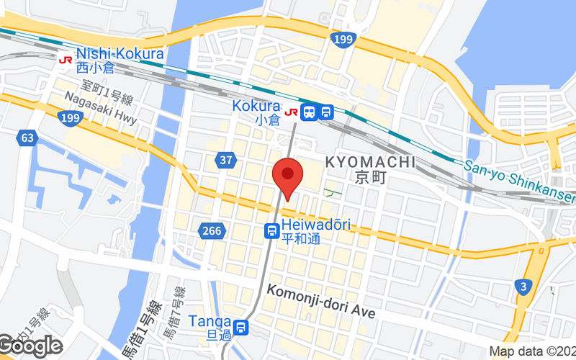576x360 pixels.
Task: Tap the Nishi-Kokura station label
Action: (x=120, y=53)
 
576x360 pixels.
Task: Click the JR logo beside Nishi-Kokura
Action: (x=66, y=60)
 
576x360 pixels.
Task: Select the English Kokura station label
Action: (x=256, y=106)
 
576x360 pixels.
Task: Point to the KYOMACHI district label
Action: (x=370, y=162)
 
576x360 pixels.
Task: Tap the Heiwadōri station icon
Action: (x=271, y=230)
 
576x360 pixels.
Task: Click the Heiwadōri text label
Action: (x=316, y=225)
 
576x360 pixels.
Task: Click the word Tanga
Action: (x=210, y=322)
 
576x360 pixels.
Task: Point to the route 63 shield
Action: (x=28, y=138)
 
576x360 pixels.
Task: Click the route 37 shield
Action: (x=226, y=160)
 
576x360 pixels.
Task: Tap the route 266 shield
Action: (x=211, y=230)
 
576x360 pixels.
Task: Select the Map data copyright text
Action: (x=532, y=352)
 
